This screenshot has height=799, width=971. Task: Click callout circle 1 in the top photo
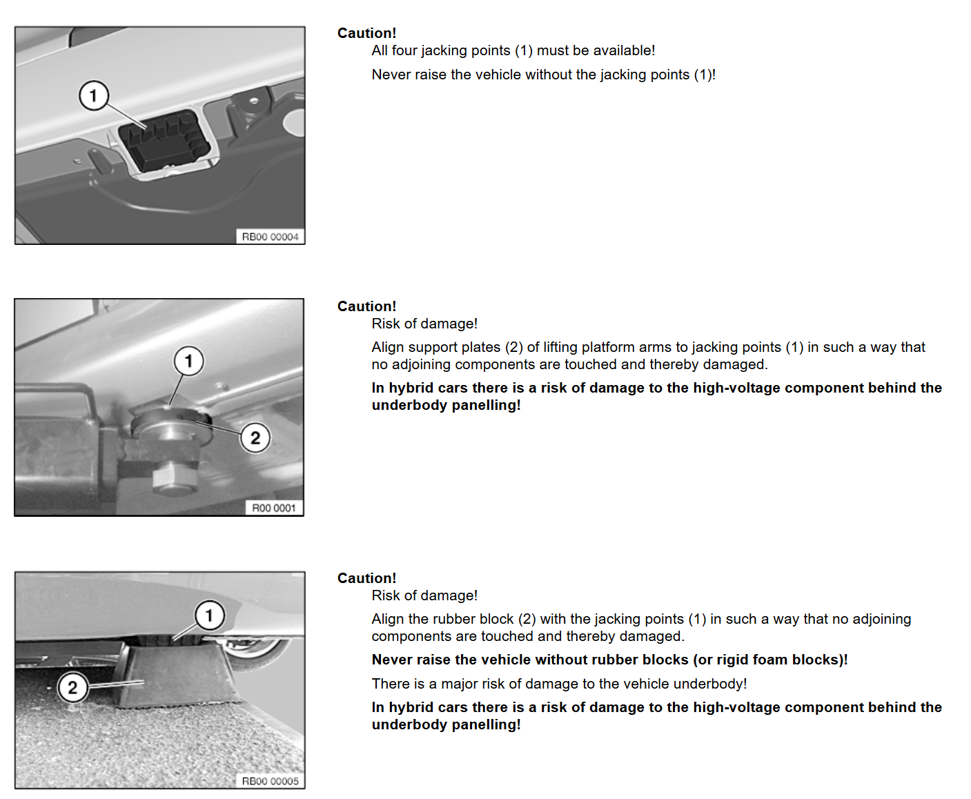click(94, 96)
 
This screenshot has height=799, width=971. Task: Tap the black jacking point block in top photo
click(164, 140)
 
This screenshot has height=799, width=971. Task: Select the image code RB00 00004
click(271, 237)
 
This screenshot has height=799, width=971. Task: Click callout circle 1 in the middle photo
click(189, 361)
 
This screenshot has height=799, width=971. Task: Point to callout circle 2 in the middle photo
click(255, 437)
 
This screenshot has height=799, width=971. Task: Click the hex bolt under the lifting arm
click(175, 479)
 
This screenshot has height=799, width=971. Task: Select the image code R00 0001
click(274, 508)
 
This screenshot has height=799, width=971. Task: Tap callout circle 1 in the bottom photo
click(210, 615)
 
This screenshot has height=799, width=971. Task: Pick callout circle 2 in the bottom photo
click(72, 688)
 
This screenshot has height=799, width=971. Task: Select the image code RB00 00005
click(271, 781)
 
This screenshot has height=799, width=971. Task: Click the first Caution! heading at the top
click(366, 33)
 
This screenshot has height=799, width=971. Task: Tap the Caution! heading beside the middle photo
click(366, 306)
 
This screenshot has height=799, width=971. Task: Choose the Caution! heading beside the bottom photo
click(366, 578)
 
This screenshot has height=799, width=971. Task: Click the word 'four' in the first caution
click(403, 50)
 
